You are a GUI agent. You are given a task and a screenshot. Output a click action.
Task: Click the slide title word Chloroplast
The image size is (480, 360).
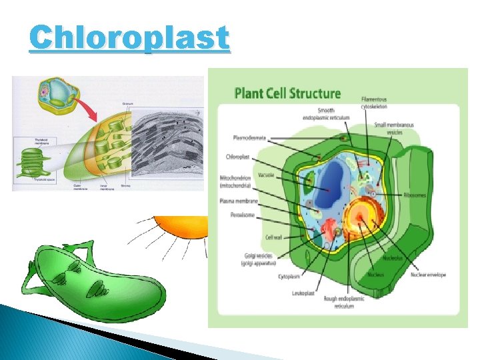click(x=129, y=39)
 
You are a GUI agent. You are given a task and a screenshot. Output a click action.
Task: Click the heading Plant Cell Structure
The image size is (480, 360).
click(x=287, y=94)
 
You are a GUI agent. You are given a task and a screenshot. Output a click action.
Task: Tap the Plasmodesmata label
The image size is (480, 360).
click(x=249, y=138)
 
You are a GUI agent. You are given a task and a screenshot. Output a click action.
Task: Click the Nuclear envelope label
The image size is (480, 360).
click(x=427, y=274)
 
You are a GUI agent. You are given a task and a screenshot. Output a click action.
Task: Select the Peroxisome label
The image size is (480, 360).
click(x=243, y=215)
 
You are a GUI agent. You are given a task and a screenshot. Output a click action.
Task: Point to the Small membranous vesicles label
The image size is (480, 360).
click(x=393, y=128)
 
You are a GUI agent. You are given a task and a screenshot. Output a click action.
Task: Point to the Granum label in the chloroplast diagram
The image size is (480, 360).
click(x=127, y=104)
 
